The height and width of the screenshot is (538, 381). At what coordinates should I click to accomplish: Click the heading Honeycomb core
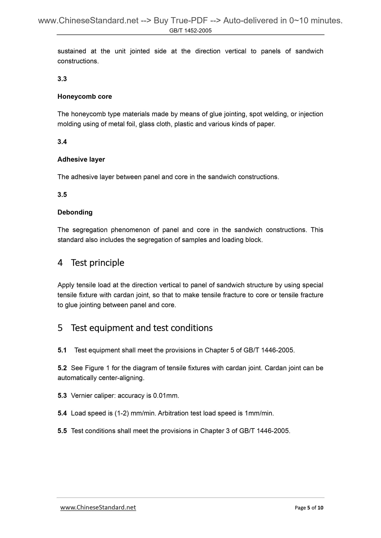click(x=85, y=97)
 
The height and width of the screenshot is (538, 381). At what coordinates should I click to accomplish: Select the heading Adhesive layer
click(x=81, y=160)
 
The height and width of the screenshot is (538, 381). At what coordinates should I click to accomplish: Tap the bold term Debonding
click(x=75, y=212)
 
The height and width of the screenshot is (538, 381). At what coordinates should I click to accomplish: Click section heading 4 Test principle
click(x=91, y=263)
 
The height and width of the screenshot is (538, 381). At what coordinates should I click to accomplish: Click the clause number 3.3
click(x=62, y=79)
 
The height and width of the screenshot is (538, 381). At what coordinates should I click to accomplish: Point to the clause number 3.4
click(x=62, y=142)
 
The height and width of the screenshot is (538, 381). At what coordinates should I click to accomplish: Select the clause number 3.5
click(x=62, y=195)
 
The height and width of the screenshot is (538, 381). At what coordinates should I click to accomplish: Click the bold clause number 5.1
click(x=62, y=350)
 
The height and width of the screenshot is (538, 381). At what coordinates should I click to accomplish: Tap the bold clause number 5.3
click(x=62, y=396)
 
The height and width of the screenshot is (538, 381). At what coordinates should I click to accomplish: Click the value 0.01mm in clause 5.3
click(x=166, y=396)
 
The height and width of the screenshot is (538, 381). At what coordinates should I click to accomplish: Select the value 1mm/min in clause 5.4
click(x=259, y=413)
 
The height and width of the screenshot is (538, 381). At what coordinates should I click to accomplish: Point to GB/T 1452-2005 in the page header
click(x=190, y=31)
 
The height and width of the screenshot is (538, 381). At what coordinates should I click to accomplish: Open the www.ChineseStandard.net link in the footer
click(x=98, y=507)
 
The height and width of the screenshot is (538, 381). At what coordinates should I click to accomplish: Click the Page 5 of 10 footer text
click(x=309, y=508)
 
